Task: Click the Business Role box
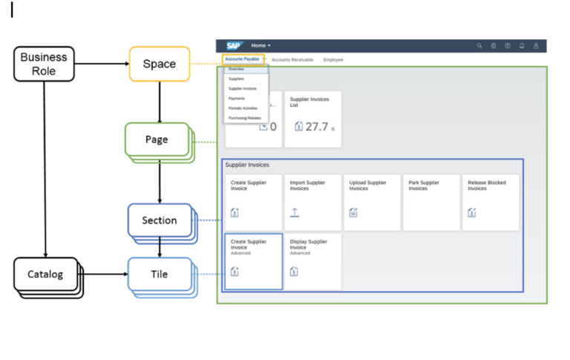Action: [43, 64]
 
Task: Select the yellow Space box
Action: [160, 64]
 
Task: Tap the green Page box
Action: [157, 139]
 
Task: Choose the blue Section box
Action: [160, 220]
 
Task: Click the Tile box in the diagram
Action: [160, 274]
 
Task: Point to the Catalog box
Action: [46, 274]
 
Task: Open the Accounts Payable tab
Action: [242, 59]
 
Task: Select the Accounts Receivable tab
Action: [292, 59]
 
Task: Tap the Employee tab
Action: [333, 59]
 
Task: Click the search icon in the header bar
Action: [479, 46]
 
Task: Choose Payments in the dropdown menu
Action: [237, 98]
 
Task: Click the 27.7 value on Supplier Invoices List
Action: [317, 127]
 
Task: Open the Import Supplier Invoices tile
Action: [312, 202]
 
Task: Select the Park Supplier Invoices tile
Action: [431, 202]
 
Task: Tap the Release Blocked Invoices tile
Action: [491, 202]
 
